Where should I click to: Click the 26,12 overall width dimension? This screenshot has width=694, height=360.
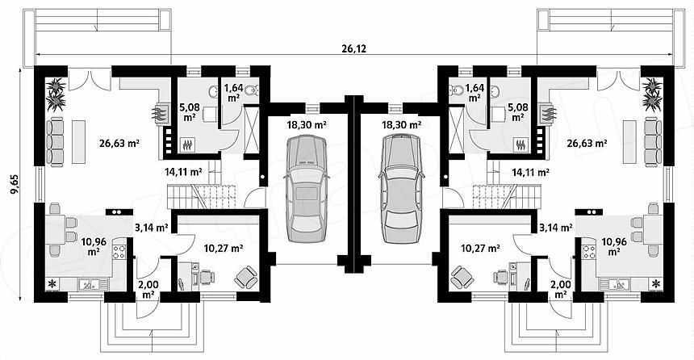pos(354,48)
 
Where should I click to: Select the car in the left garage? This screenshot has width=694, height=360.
pos(307,189)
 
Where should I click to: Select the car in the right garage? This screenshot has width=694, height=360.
pos(401,189)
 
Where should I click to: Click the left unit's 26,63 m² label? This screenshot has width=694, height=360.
pos(119,143)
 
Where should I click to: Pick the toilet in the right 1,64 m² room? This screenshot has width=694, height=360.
pos(457,90)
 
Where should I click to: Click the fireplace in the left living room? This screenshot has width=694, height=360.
pos(161,115)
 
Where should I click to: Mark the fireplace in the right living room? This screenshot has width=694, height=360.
pos(546,115)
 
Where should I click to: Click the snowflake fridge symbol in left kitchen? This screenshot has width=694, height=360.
pos(52,283)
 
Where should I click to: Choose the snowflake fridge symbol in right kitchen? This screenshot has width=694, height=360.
pos(655,283)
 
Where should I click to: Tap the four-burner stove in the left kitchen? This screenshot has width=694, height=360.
pos(119,252)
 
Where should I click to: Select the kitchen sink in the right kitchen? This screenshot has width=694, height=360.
pos(613,283)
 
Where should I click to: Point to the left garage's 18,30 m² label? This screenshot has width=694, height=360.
pos(307,125)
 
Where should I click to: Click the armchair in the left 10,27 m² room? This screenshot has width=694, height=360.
pos(245,277)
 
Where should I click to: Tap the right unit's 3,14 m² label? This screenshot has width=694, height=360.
pos(556,228)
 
